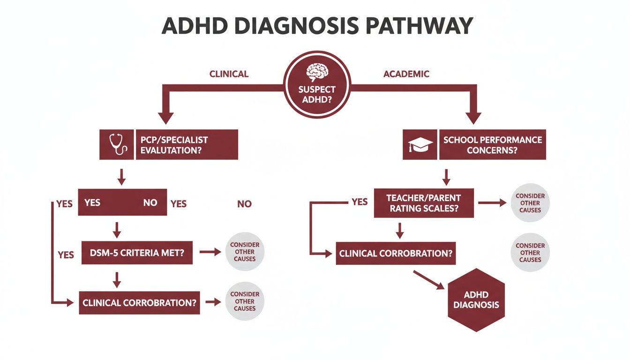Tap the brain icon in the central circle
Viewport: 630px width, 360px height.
pos(317,72)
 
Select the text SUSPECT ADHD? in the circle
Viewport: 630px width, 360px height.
pos(317,94)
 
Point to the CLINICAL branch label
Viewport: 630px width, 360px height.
pos(229,74)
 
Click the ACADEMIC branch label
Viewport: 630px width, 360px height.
pos(406,74)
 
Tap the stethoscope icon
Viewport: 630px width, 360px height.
pos(117,144)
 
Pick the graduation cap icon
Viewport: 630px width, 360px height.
pos(420,144)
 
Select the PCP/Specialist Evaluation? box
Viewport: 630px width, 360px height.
pos(187,145)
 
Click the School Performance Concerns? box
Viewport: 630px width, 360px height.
pos(492,145)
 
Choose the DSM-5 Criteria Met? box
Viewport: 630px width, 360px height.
pos(137,253)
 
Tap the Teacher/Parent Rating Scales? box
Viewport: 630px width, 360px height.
pos(424,203)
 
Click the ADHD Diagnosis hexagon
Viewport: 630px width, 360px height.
pos(476,300)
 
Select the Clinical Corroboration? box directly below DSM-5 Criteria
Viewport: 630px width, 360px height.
pos(139,303)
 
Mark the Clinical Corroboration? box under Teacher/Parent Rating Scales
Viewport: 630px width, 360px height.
pos(396,253)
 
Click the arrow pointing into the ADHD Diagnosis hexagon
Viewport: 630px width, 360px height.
pos(429,279)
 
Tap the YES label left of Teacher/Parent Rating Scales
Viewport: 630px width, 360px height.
pos(359,202)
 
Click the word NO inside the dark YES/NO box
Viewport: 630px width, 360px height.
pos(150,203)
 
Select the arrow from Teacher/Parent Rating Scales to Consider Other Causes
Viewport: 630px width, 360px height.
pos(492,203)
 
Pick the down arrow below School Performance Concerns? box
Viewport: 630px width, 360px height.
pos(447,176)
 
